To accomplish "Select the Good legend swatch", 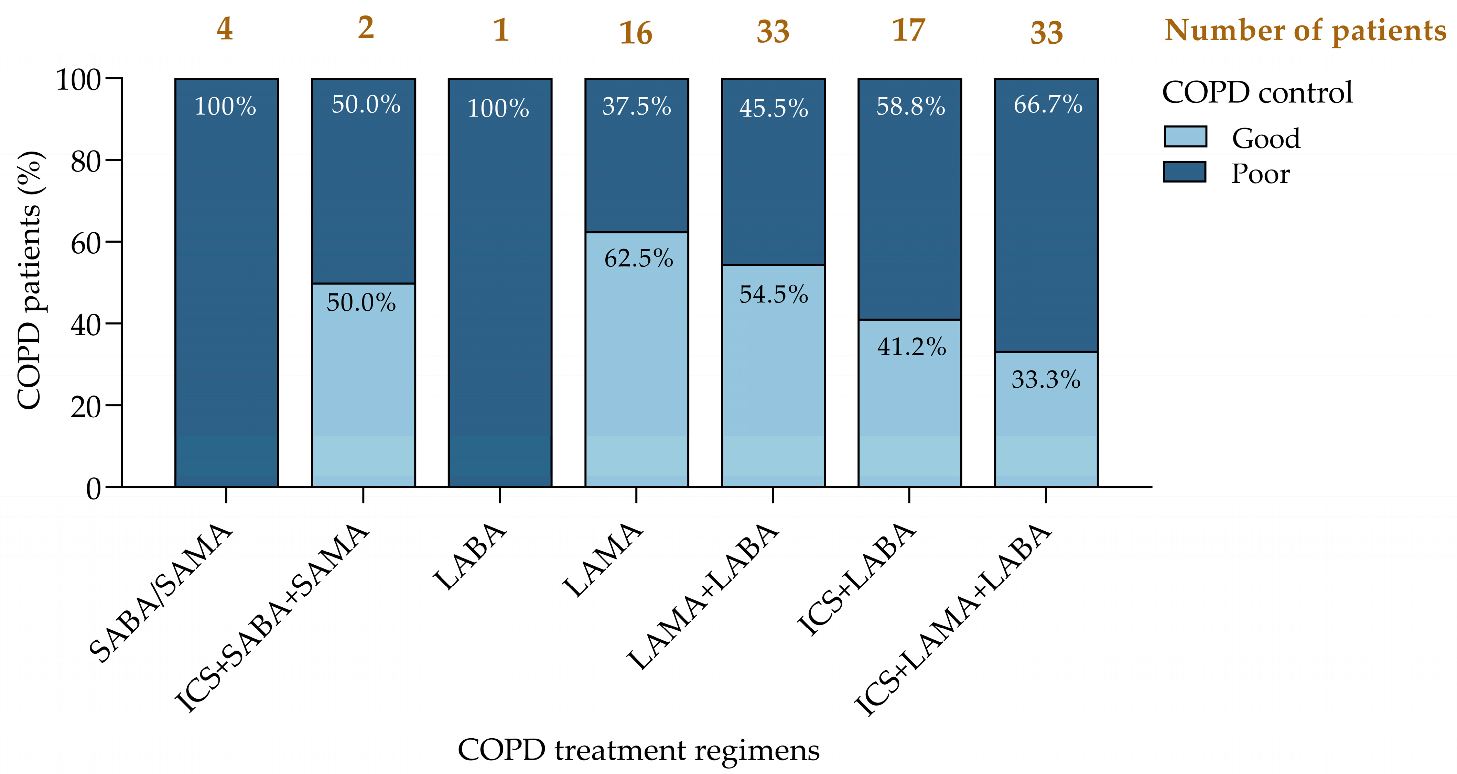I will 1185,137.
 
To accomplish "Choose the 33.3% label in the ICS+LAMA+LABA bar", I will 1046,379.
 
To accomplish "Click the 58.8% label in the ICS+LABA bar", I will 911,106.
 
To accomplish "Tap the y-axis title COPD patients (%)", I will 30,280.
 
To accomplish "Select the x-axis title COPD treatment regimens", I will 638,750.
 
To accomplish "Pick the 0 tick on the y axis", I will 93,488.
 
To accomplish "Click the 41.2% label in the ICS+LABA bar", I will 911,346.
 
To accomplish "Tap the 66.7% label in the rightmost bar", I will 1047,104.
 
